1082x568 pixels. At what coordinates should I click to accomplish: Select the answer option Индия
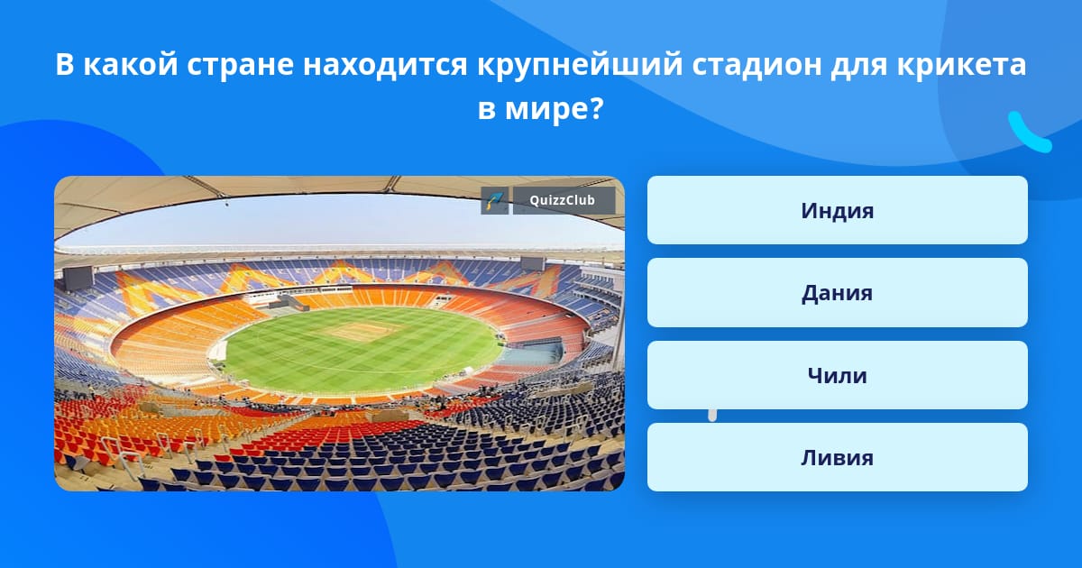837,210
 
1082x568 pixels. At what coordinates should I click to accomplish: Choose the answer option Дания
837,293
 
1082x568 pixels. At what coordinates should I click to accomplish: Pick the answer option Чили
837,375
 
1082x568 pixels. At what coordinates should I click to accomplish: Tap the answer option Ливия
837,457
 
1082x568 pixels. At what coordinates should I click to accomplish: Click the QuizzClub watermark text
563,200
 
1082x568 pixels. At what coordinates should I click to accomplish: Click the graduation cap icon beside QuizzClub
495,200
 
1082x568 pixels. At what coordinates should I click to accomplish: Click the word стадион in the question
756,65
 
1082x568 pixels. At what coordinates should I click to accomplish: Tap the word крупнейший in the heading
580,65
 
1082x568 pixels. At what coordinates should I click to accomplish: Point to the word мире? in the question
555,108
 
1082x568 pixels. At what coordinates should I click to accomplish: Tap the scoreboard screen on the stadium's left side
78,278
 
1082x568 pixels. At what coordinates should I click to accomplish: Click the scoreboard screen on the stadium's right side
532,263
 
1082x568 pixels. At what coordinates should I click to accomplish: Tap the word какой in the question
131,65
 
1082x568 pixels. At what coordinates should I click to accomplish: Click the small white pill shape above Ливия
712,415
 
